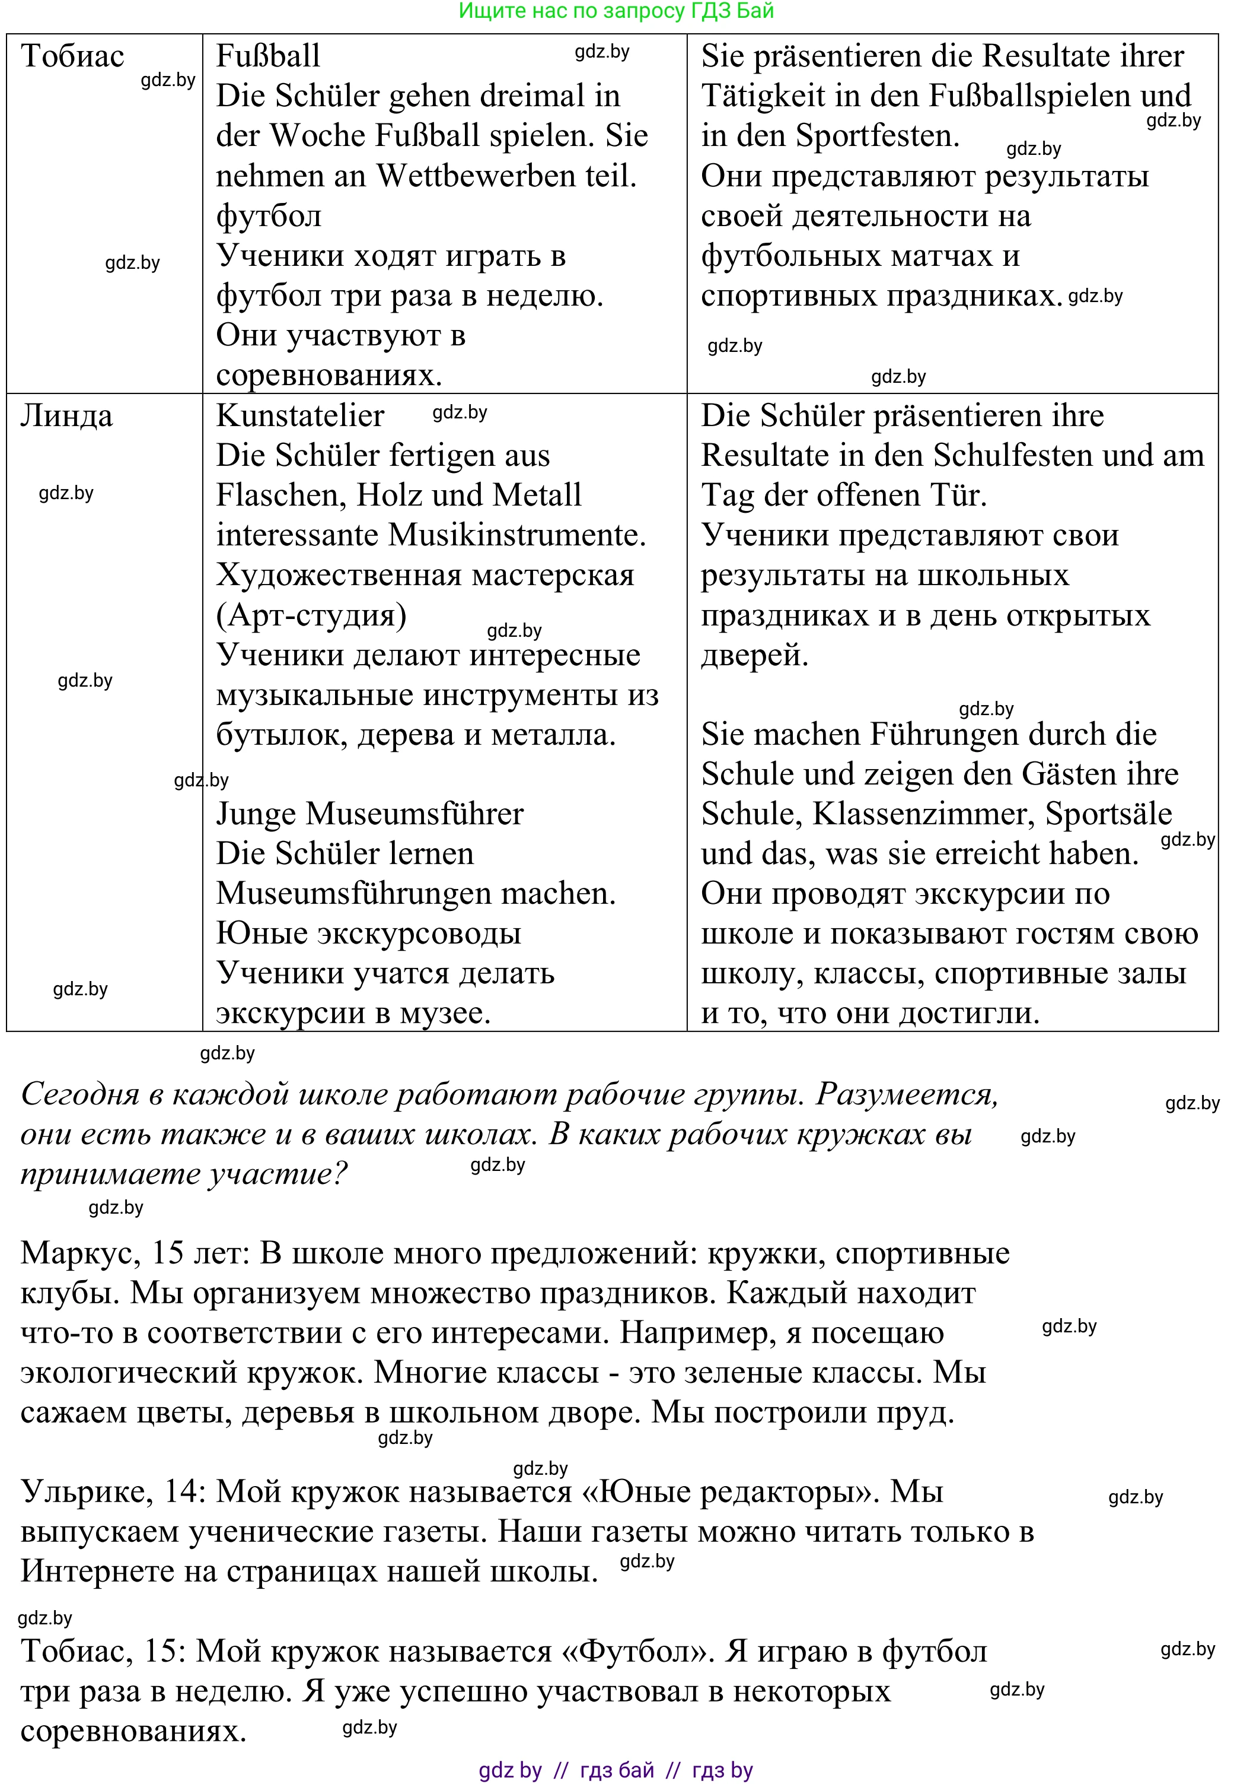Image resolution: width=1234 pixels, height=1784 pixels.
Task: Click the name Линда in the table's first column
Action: (x=66, y=416)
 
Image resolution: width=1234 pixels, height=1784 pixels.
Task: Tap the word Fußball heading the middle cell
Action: (x=267, y=56)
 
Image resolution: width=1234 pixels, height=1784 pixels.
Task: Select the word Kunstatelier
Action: (x=300, y=416)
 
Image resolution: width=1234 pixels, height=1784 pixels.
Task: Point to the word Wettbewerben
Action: (x=475, y=176)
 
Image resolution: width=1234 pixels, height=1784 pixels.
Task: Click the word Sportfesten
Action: (x=878, y=136)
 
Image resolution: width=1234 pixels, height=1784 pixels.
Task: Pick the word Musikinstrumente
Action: (x=516, y=535)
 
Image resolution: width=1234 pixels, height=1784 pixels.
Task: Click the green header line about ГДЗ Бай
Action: (x=616, y=11)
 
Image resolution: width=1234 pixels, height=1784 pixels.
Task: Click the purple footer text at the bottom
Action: (x=616, y=1770)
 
